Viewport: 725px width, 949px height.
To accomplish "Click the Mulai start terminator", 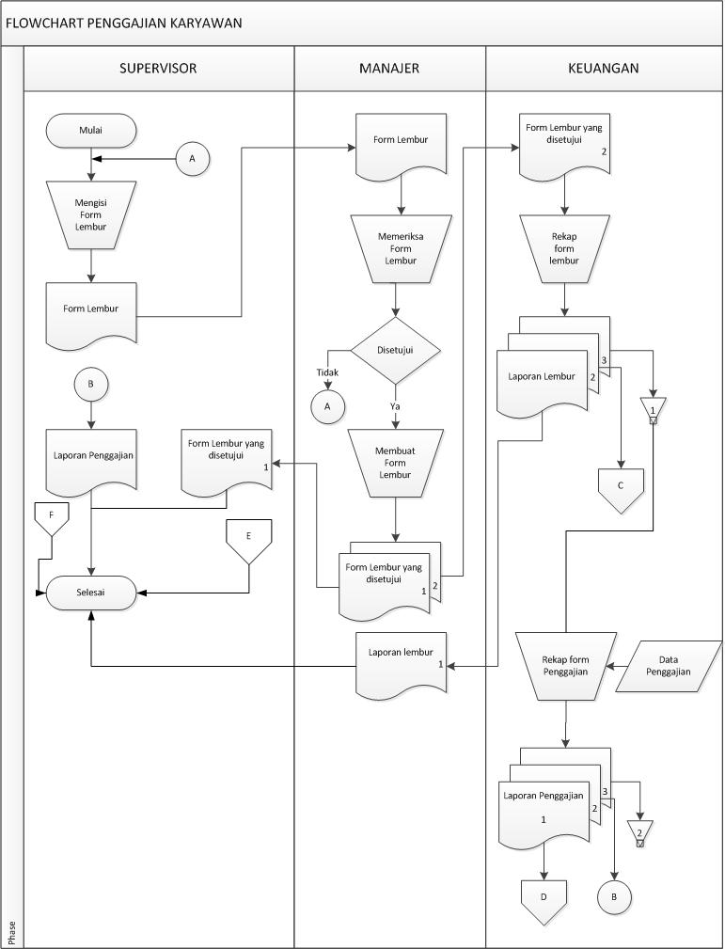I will point(91,132).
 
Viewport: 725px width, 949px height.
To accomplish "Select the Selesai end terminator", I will point(91,593).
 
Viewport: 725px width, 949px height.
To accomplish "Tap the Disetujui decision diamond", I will point(395,349).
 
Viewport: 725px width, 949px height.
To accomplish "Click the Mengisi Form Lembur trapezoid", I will point(91,214).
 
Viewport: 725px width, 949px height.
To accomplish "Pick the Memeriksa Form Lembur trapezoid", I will point(402,248).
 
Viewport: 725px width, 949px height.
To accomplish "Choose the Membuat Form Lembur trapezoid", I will point(395,462).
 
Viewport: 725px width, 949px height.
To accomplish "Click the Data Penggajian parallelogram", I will point(669,666).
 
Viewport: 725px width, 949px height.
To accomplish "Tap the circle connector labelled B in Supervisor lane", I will point(91,384).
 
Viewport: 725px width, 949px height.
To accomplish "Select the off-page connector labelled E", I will point(248,539).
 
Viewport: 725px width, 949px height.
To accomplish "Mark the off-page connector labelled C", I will point(621,487).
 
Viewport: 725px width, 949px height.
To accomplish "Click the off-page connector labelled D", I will point(544,898).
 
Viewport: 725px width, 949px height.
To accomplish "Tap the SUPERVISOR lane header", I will point(158,68).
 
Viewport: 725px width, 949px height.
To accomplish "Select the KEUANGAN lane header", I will point(604,68).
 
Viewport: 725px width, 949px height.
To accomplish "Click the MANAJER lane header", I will point(389,68).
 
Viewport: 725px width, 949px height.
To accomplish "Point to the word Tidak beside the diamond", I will point(326,372).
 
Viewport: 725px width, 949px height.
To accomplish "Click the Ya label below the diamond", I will point(396,405).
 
